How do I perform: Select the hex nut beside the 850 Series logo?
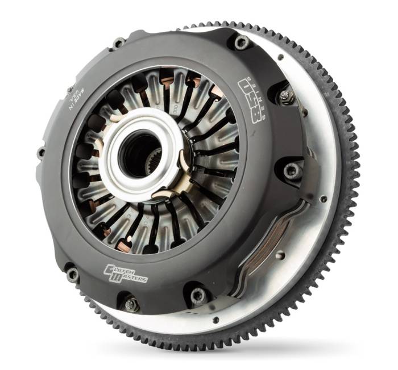coord(284,95)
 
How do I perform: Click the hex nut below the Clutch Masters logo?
coord(131,305)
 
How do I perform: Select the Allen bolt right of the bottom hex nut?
coord(198,295)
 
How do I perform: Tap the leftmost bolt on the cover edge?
coord(41,153)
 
